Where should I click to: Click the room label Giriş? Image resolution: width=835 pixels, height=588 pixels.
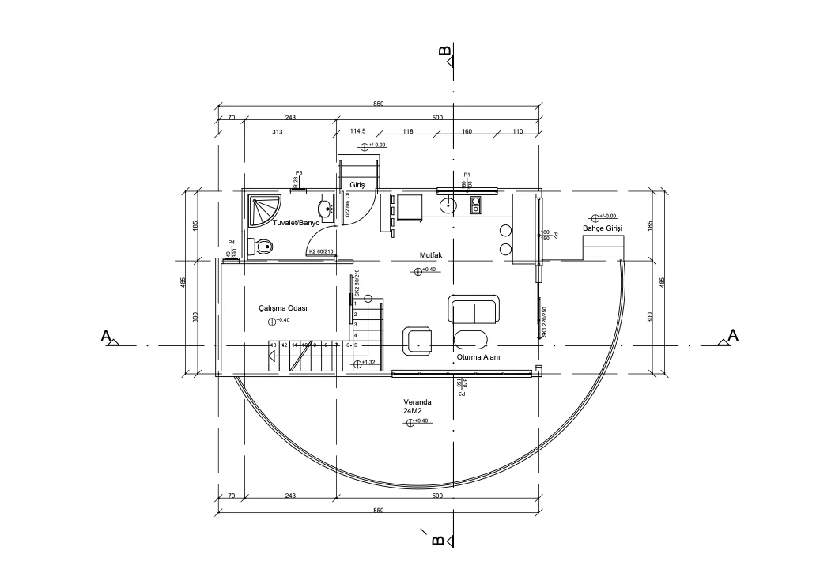357,185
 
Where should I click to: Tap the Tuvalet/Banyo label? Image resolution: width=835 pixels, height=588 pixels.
297,224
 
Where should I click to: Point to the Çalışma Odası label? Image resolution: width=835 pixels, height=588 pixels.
282,307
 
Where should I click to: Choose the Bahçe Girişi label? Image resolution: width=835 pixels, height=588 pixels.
603,228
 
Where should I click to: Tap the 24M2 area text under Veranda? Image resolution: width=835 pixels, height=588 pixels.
412,412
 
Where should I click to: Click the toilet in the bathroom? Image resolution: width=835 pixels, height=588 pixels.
261,247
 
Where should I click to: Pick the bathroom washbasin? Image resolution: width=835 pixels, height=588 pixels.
325,210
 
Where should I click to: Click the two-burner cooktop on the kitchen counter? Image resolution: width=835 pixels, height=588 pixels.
476,205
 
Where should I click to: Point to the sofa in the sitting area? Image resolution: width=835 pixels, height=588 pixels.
474,309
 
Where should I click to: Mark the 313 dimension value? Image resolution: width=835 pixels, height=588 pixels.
277,131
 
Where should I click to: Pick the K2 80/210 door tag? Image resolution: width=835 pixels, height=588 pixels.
321,252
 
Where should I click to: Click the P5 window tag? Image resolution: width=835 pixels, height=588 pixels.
299,172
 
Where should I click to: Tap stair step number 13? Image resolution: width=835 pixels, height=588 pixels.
274,345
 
